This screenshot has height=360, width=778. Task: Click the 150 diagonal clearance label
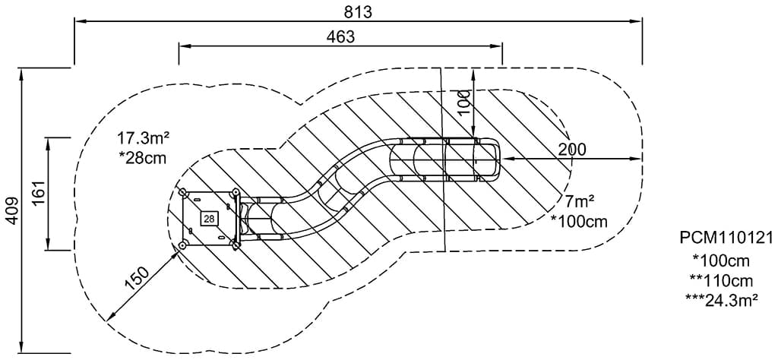point(137,279)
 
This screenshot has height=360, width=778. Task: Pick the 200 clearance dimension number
point(571,149)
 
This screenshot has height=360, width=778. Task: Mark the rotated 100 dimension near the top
point(465,101)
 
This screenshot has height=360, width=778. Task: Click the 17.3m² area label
point(143,138)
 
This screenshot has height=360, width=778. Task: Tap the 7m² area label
point(579,202)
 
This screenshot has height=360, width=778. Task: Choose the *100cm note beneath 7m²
point(579,221)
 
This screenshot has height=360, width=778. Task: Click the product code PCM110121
point(726,238)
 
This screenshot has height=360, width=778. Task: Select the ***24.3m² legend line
point(722,299)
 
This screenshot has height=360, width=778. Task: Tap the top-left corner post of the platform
point(183,192)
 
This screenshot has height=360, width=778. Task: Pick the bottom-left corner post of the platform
point(183,245)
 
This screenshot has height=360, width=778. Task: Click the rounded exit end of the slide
point(494,160)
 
